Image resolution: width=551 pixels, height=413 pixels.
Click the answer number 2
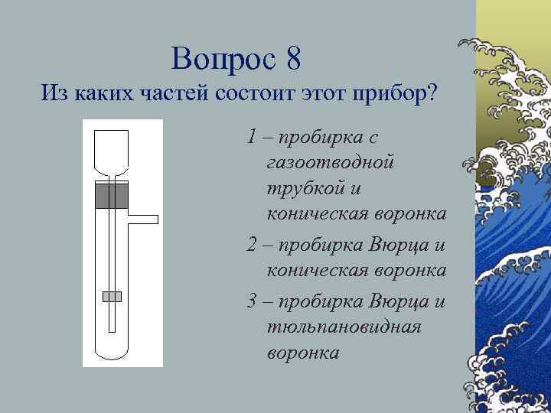click(253, 246)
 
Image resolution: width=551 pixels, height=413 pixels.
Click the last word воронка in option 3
click(303, 353)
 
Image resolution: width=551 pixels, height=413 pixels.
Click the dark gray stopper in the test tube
click(112, 197)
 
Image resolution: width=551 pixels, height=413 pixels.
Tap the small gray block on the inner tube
click(112, 296)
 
